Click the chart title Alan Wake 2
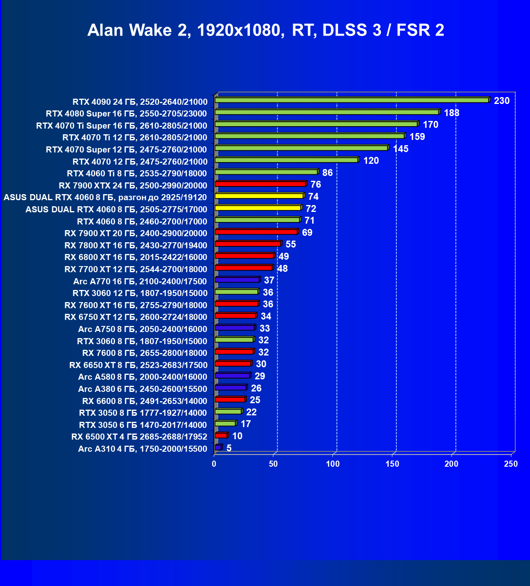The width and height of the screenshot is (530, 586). point(266,30)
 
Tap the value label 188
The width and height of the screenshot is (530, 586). point(451,113)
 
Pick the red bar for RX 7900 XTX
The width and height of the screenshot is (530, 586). point(260,184)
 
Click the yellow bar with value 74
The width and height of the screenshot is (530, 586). point(259,196)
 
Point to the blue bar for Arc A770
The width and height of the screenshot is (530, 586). point(237,280)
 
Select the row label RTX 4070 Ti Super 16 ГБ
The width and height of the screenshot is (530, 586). point(121,126)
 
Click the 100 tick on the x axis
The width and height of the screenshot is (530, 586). point(333,464)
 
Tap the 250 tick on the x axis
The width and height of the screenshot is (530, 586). point(511,464)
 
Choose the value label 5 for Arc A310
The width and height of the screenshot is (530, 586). point(229,448)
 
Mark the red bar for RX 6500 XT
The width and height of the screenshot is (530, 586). point(221,436)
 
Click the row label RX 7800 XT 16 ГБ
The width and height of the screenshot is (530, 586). point(136,245)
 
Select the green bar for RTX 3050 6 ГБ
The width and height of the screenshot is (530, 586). point(225,423)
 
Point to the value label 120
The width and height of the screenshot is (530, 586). point(371,161)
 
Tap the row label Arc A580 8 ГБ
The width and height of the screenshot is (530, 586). point(143,377)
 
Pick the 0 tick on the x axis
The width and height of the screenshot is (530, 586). point(214,464)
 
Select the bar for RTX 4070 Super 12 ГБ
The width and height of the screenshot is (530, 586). point(301,148)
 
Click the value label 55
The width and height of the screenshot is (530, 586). point(290,244)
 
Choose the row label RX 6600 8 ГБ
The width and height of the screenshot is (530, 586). point(145,401)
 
